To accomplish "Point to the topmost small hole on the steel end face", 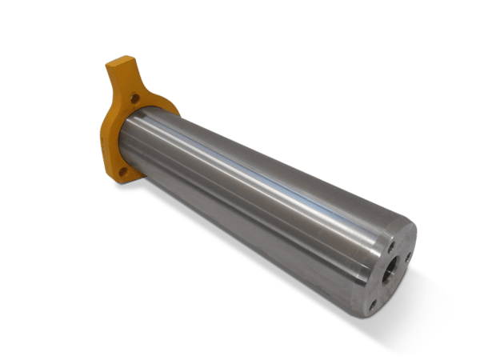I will point(392,246).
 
